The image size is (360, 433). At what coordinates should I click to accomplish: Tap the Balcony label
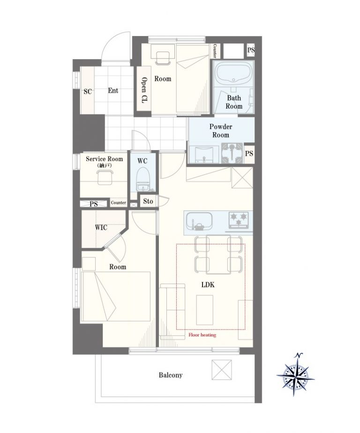171,375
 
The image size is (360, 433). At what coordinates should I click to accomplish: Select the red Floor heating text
202,335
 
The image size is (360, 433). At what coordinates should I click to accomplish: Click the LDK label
208,285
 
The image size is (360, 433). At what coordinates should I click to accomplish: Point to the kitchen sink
199,221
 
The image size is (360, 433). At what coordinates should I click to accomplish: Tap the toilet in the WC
143,181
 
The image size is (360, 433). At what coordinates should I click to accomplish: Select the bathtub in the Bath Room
234,74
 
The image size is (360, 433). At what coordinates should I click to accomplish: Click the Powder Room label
221,131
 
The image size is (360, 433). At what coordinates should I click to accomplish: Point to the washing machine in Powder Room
232,153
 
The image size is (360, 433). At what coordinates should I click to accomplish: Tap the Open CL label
144,90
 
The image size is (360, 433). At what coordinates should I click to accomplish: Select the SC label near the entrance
88,91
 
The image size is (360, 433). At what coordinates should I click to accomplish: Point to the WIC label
101,228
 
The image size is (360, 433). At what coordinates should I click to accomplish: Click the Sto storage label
148,201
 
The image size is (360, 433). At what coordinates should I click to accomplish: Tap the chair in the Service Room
105,177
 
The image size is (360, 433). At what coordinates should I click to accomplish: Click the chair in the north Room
163,59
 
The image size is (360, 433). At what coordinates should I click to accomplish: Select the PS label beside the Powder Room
249,153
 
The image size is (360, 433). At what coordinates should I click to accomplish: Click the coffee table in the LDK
205,310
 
